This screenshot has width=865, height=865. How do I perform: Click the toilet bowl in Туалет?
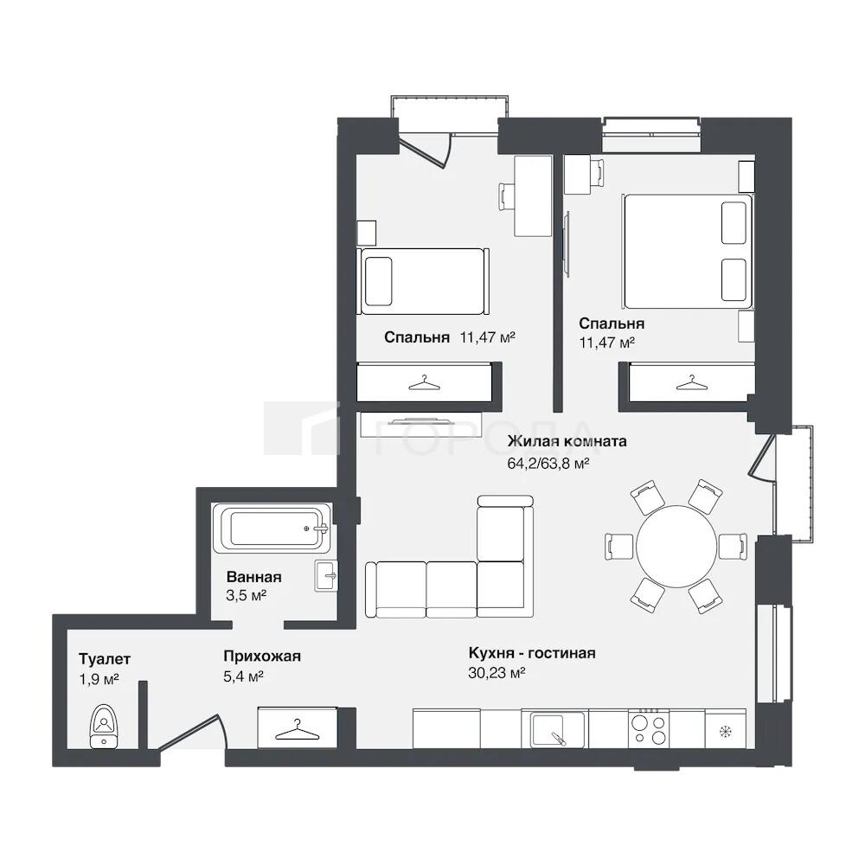tap(104, 726)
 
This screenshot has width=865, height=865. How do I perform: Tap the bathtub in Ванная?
tap(272, 528)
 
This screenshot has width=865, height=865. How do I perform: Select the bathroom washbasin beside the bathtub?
tap(326, 576)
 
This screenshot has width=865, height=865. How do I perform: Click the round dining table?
tap(676, 547)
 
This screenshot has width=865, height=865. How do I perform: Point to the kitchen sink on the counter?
tap(557, 729)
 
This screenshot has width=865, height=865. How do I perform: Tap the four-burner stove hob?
tap(650, 729)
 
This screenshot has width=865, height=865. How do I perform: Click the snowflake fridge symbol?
tap(726, 732)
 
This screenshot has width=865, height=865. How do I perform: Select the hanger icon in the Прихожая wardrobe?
tap(297, 730)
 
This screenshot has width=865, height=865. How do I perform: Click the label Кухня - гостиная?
tap(532, 653)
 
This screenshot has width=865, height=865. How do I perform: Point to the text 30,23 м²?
tap(497, 672)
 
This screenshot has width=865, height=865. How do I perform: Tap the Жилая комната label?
tap(567, 441)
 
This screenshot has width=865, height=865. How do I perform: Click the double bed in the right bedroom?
tap(688, 251)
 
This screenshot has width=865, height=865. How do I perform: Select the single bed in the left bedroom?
tap(424, 281)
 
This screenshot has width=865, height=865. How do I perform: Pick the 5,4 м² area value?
tap(243, 676)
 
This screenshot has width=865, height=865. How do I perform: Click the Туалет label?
tap(105, 659)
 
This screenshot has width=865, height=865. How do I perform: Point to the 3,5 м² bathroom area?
tap(246, 596)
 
